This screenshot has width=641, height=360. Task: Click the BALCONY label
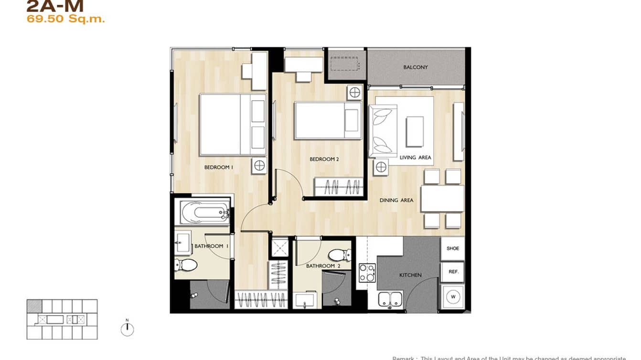click(415, 67)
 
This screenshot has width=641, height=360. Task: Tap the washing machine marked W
click(452, 297)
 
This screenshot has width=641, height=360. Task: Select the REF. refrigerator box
click(453, 272)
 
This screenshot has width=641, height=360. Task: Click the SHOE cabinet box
click(452, 248)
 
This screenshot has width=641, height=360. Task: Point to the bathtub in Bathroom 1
click(204, 212)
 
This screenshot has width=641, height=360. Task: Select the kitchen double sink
click(390, 299)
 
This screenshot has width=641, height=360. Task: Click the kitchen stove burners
click(366, 273)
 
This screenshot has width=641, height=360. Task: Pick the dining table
click(442, 198)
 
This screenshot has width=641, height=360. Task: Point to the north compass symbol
click(127, 329)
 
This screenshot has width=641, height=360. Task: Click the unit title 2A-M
click(55, 6)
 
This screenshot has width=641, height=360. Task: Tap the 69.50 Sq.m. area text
click(65, 20)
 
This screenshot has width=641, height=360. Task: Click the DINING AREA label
click(396, 201)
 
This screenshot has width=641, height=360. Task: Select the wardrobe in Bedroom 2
click(338, 187)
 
